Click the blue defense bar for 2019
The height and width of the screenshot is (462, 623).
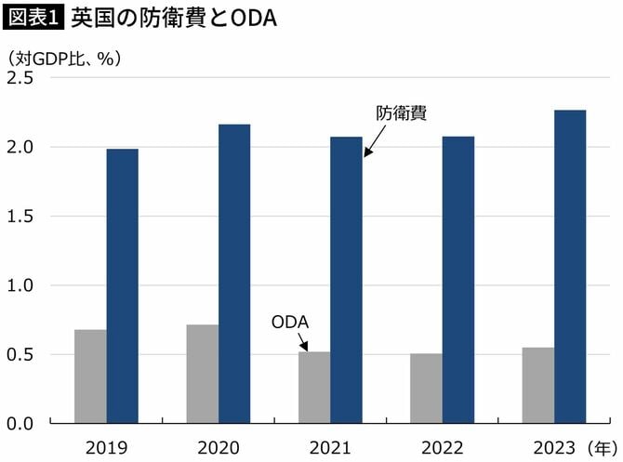122,286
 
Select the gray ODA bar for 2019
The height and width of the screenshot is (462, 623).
90,376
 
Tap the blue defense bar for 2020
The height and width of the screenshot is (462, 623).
234,274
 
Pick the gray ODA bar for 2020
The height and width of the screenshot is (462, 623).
203,374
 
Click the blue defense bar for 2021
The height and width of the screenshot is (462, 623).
346,280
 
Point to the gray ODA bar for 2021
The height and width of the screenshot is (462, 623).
314,388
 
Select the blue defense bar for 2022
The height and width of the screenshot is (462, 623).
457,280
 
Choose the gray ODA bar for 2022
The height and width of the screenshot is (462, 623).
426,389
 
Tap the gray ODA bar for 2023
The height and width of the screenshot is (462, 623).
538,386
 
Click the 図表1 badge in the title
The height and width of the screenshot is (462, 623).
33,18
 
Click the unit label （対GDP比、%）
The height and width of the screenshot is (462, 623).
65,57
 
